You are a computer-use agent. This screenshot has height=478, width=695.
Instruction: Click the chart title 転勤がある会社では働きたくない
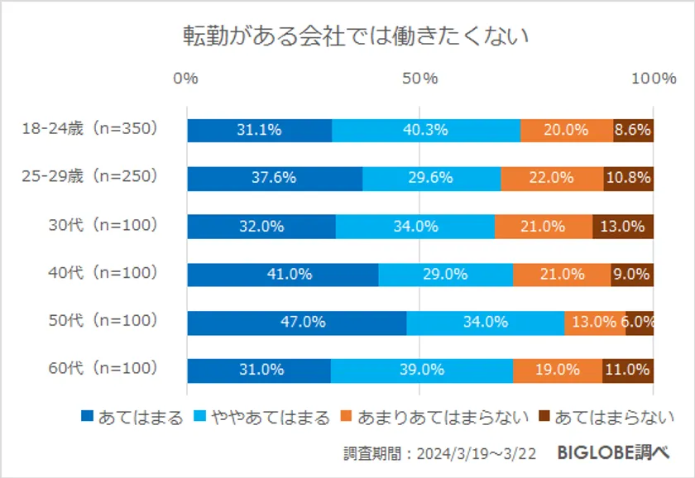(356, 37)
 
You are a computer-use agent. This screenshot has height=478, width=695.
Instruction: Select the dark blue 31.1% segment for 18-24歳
(259, 130)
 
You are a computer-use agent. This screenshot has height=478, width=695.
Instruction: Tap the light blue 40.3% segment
(426, 130)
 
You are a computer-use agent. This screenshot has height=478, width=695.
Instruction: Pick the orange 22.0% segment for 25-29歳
(552, 178)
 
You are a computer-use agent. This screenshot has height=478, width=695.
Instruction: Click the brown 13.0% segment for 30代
(623, 226)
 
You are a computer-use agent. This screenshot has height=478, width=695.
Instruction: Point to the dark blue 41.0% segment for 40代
(283, 275)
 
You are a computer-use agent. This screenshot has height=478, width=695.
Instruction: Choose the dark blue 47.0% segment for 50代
(297, 323)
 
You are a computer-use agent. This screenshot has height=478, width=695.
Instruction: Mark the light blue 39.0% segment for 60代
(422, 370)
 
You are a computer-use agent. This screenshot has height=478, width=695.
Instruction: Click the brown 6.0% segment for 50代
(640, 323)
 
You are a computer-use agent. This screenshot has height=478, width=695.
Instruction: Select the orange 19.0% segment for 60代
(558, 370)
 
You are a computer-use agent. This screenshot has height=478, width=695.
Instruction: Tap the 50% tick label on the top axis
(419, 79)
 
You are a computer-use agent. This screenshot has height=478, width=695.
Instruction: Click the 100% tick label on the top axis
(654, 79)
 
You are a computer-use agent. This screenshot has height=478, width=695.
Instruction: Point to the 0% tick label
(186, 79)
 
